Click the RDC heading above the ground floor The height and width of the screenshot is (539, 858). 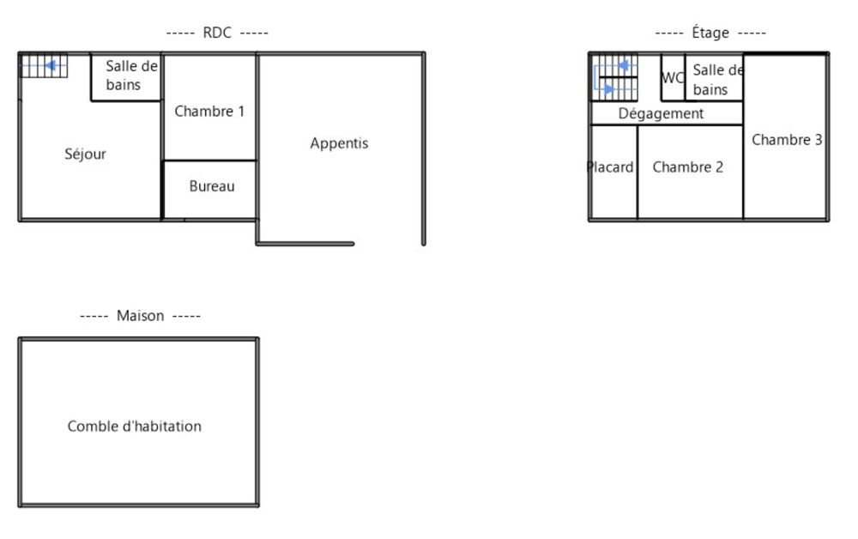(217, 33)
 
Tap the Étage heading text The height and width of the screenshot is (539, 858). (710, 33)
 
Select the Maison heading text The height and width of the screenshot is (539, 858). (140, 316)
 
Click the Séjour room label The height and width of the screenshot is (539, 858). (85, 154)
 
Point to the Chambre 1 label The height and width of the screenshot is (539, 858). (209, 111)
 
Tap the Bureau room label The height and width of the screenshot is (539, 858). (212, 186)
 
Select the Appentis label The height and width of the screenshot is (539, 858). (339, 143)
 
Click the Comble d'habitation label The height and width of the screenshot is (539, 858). (135, 427)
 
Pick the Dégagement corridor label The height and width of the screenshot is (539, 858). (661, 114)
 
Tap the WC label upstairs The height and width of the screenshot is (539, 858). (673, 78)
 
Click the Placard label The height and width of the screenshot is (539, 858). (610, 167)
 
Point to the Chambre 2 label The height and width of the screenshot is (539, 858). (688, 167)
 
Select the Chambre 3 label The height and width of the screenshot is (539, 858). (787, 140)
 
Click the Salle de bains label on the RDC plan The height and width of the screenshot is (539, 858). (131, 76)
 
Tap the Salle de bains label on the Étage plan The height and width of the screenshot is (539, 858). (717, 79)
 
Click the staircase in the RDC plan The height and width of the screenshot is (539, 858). (44, 66)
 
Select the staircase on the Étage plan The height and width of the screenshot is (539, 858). (614, 77)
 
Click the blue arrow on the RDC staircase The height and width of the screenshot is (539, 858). (44, 66)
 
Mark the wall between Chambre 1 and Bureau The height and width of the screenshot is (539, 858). (210, 160)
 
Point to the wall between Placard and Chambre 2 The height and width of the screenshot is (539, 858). (637, 172)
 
